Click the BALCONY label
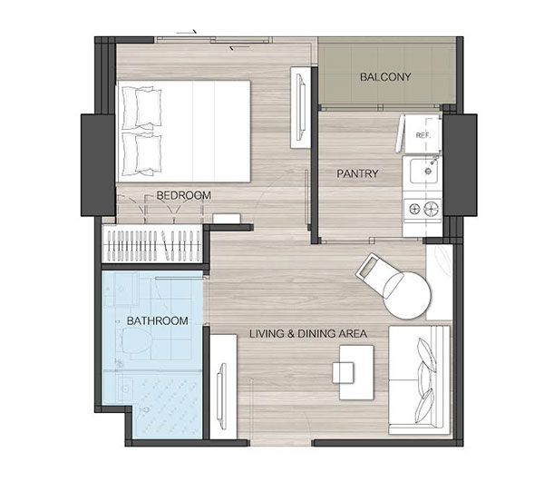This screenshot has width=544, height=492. pyautogui.click(x=385, y=77)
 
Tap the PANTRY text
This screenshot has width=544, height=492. pyautogui.click(x=357, y=173)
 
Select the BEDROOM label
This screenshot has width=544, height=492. pyautogui.click(x=183, y=195)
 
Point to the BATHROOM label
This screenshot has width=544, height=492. pyautogui.click(x=158, y=320)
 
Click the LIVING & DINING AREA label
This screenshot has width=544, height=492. pyautogui.click(x=308, y=333)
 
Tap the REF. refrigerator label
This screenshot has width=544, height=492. pyautogui.click(x=423, y=135)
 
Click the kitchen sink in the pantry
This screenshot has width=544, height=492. pyautogui.click(x=423, y=171)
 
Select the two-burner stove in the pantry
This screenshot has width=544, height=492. pyautogui.click(x=423, y=209)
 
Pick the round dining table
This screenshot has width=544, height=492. pyautogui.click(x=407, y=295)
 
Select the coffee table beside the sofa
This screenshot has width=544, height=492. pyautogui.click(x=356, y=372)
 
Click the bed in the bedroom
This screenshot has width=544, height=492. pyautogui.click(x=183, y=132)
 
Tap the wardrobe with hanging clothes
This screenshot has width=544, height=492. pyautogui.click(x=152, y=243)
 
